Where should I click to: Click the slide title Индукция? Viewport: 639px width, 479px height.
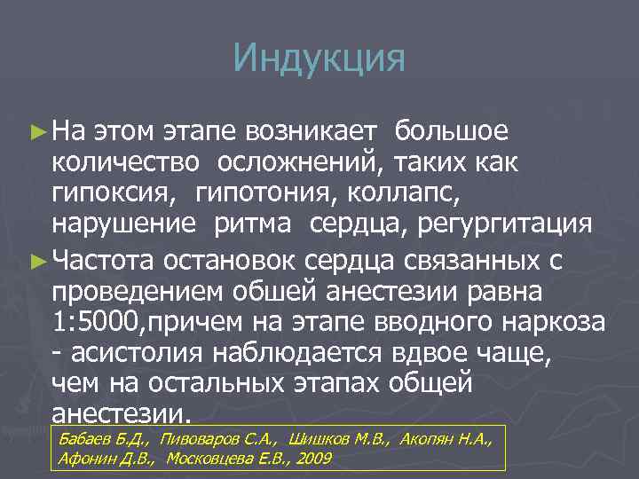319,59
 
